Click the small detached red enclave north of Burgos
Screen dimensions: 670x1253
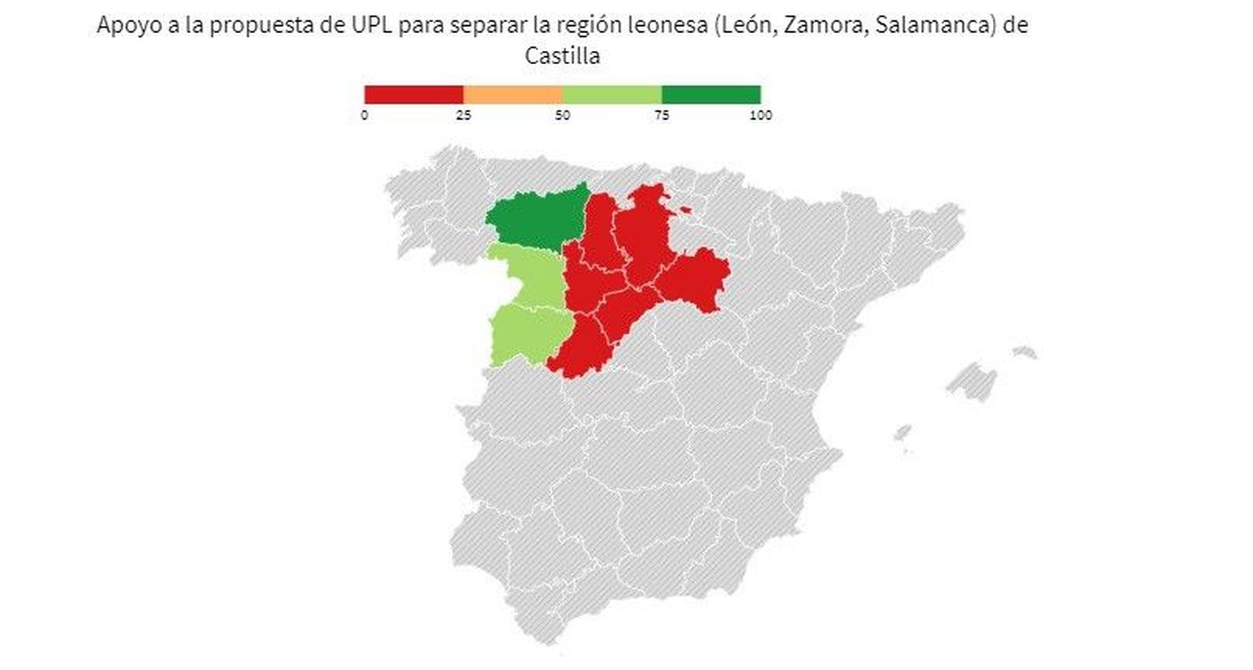686,210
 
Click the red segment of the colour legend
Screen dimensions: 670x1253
413,95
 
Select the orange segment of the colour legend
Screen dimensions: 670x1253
513,95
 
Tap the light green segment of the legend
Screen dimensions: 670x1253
612,95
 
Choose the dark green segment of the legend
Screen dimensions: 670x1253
711,95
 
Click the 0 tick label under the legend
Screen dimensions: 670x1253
364,116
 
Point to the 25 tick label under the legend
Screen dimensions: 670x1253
464,116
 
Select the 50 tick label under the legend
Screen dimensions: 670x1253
562,116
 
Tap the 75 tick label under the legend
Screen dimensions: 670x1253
662,116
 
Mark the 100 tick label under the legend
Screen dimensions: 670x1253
760,116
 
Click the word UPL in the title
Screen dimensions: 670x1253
368,25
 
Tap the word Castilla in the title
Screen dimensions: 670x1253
562,56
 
